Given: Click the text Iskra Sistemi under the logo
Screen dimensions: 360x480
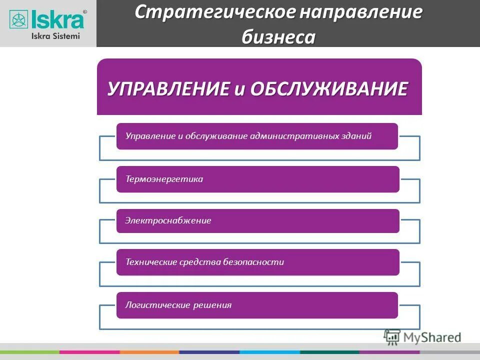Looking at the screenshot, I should coord(55,36).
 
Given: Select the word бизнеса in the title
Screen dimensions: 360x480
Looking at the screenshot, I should coord(279,36).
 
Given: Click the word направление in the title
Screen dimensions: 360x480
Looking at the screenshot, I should coord(360,12).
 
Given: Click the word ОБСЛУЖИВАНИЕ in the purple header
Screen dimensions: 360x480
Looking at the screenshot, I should coord(328,89).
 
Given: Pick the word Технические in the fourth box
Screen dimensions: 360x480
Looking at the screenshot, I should coord(149,262).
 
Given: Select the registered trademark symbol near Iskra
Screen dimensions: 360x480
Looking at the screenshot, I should coord(84,11).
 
